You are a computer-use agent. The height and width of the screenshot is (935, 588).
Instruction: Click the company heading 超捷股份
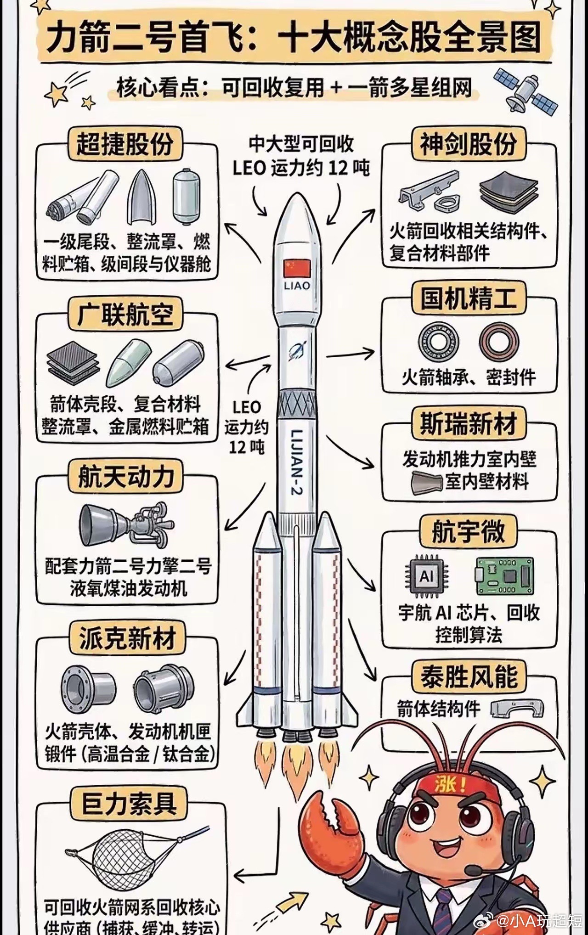click(124, 144)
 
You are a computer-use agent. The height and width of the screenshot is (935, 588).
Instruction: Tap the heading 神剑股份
click(468, 144)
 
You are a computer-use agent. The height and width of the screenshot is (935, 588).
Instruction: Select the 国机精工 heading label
click(468, 298)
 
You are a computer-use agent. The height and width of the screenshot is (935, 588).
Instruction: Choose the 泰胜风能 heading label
click(469, 676)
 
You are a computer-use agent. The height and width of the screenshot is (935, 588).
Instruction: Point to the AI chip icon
click(426, 575)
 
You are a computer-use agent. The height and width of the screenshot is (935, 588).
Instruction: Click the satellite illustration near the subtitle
click(525, 91)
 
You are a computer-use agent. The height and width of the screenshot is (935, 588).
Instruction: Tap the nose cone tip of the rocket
click(297, 197)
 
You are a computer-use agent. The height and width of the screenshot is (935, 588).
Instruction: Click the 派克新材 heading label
click(127, 638)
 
